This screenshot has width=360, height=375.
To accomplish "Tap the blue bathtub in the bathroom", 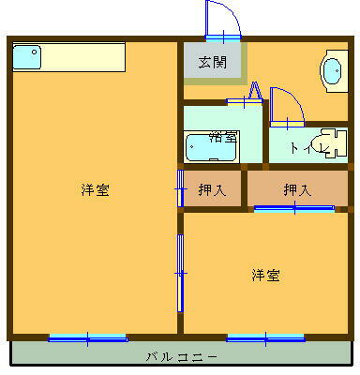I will click(x=210, y=148).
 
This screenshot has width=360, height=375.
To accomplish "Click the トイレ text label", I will click(x=305, y=147).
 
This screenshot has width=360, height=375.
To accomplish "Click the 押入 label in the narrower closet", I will click(x=212, y=189).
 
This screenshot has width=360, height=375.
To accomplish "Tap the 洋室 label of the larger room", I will click(x=94, y=189).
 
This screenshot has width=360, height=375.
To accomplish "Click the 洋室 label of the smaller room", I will click(x=265, y=275).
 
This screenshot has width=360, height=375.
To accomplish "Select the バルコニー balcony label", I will click(x=181, y=357).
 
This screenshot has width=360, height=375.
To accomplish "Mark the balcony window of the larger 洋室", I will click(x=87, y=337).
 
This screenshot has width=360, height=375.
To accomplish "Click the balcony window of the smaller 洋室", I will click(x=265, y=337).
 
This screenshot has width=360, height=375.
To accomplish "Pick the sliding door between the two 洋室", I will click(x=180, y=272).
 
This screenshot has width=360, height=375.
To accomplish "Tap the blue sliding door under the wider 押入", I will click(x=293, y=209).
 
